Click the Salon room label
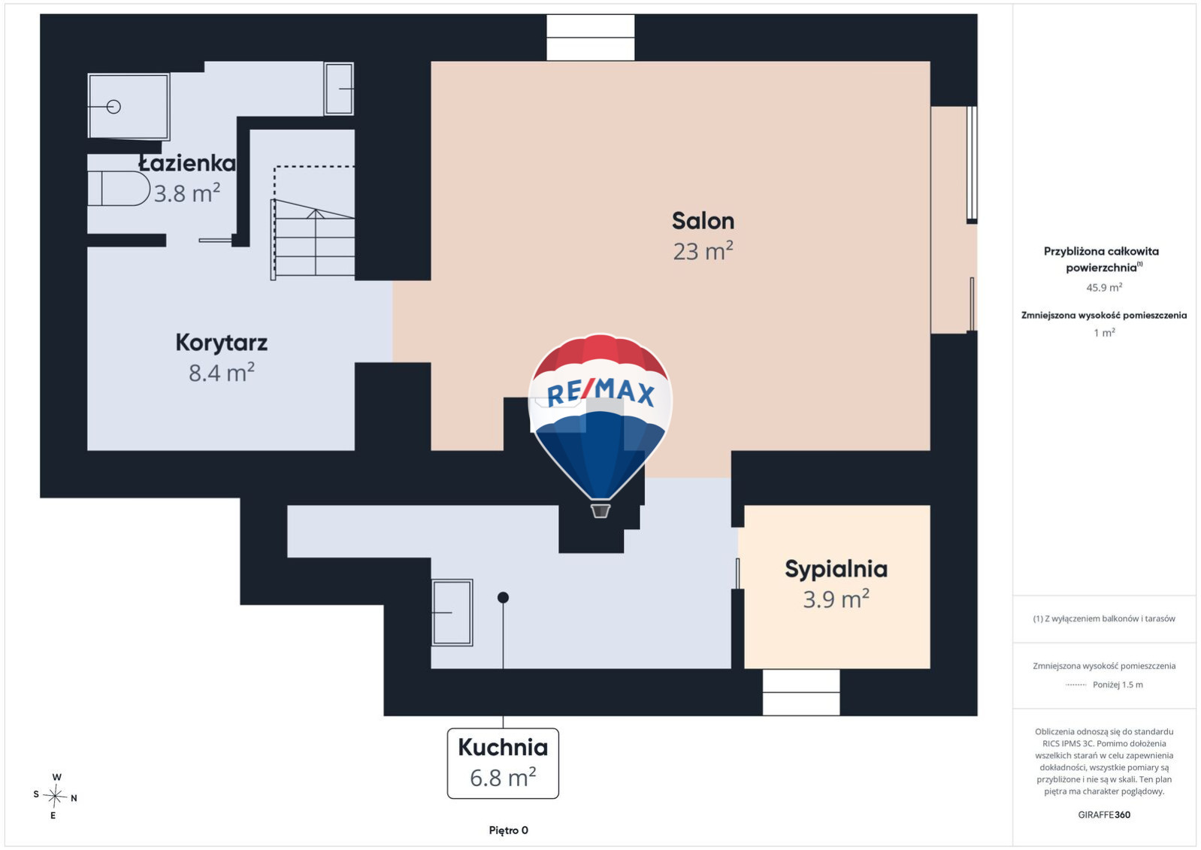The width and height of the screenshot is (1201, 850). [703, 221]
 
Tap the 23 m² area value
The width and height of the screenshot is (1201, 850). [703, 251]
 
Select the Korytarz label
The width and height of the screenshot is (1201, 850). [222, 343]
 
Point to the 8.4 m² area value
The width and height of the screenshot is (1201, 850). [222, 373]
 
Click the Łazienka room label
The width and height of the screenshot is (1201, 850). [187, 163]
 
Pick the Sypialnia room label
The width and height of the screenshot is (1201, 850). [836, 569]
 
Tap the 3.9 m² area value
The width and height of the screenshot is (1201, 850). [836, 599]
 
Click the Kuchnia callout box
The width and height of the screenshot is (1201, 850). [503, 763]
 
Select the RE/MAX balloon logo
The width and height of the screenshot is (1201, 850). [600, 425]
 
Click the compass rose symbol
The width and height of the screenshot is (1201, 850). [55, 797]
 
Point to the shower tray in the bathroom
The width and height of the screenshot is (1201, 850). [129, 107]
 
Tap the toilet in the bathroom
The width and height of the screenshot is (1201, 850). [119, 188]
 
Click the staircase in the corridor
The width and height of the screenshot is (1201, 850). [313, 239]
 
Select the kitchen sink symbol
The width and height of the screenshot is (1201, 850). [452, 613]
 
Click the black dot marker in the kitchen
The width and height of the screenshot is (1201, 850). [503, 597]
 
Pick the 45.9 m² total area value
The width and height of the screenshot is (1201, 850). [1104, 287]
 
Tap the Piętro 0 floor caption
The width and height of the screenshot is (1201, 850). [508, 830]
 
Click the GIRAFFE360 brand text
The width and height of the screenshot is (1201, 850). [1104, 815]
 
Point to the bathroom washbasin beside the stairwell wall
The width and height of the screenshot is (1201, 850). [339, 89]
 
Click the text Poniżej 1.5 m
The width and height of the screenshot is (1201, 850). [1118, 685]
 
